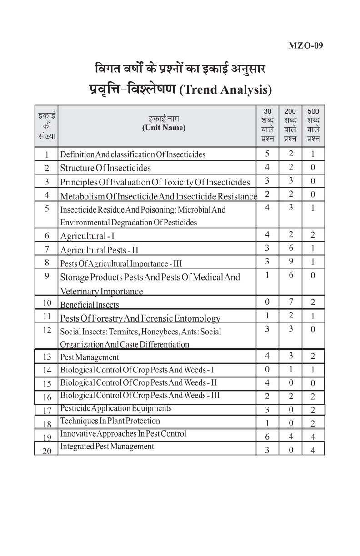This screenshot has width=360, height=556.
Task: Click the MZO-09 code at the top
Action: [306, 45]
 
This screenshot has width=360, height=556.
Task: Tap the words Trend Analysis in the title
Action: [226, 89]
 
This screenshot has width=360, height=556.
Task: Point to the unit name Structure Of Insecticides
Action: [105, 168]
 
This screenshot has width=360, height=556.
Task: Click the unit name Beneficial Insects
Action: [90, 305]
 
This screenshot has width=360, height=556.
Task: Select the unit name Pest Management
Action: [90, 357]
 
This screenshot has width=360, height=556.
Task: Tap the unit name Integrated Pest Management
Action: [107, 447]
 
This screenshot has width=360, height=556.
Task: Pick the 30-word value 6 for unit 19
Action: [267, 436]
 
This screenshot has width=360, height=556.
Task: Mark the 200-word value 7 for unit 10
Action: [290, 302]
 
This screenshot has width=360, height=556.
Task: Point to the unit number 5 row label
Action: [47, 208]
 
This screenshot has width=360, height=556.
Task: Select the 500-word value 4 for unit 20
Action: [313, 450]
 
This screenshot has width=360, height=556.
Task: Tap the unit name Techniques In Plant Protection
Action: [110, 421]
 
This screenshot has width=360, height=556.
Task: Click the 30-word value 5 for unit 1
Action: [267, 154]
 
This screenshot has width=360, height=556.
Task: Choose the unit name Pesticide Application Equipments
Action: [116, 408]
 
